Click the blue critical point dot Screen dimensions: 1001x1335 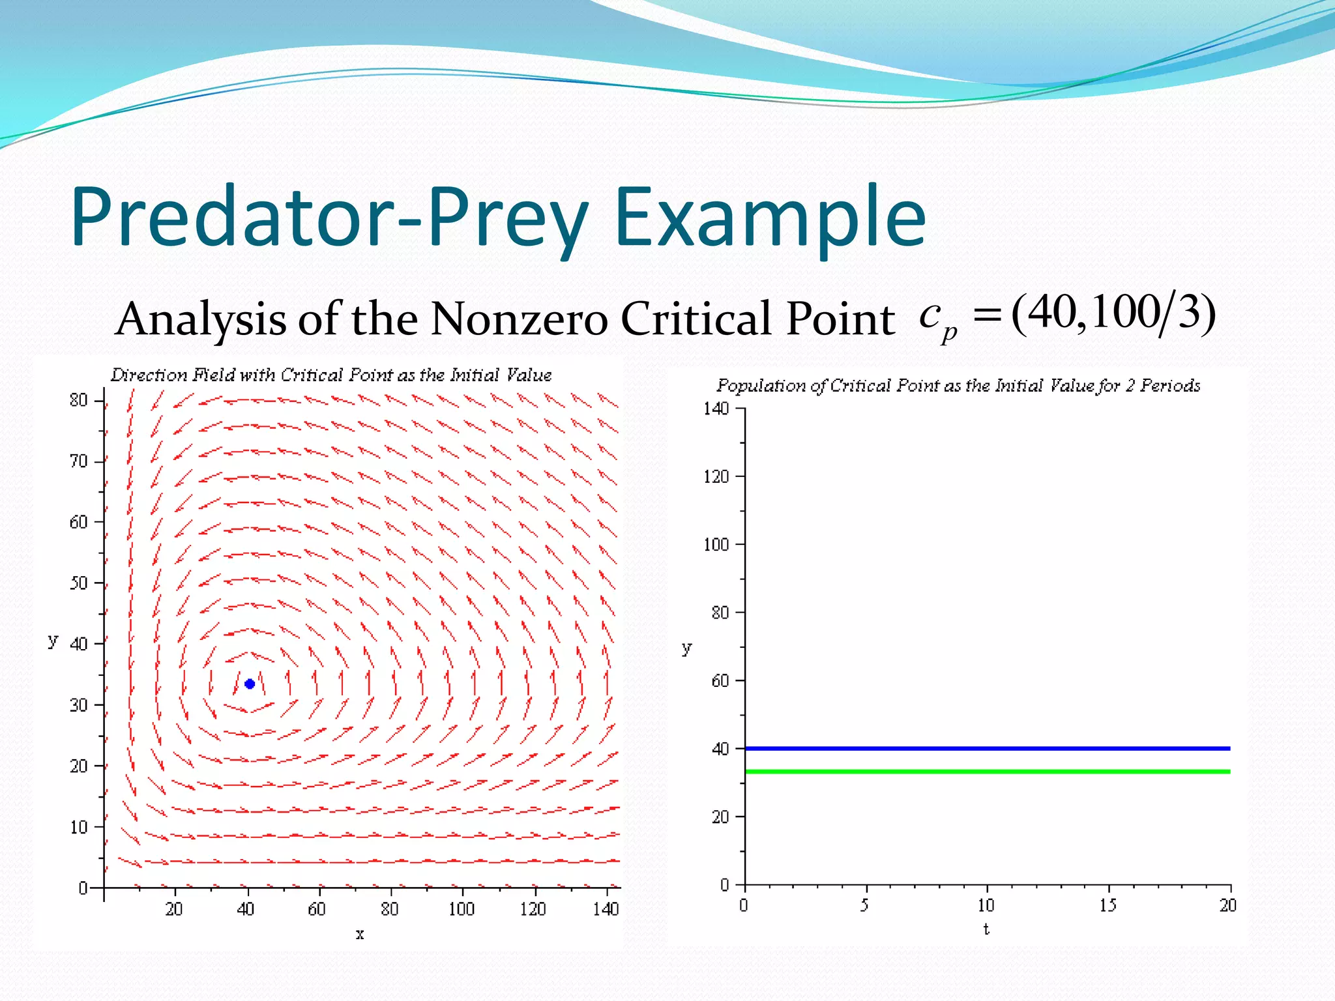249,684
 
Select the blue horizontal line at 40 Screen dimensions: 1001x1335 987,748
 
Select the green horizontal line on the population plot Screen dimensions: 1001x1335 987,772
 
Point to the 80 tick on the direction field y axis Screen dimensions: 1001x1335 79,400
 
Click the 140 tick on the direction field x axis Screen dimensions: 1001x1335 606,908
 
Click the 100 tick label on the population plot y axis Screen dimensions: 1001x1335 716,544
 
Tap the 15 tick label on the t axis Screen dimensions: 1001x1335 1108,905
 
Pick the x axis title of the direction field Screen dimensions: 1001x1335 360,935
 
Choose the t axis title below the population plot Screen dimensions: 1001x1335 986,929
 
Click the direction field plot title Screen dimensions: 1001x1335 331,375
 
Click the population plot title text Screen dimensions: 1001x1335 958,385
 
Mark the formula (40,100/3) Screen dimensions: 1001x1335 1113,313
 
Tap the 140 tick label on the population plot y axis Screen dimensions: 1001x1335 716,409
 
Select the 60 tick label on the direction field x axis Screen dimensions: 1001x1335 317,908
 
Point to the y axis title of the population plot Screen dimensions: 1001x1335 686,648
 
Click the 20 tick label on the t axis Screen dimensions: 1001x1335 1228,905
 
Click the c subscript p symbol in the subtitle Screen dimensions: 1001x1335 937,319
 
